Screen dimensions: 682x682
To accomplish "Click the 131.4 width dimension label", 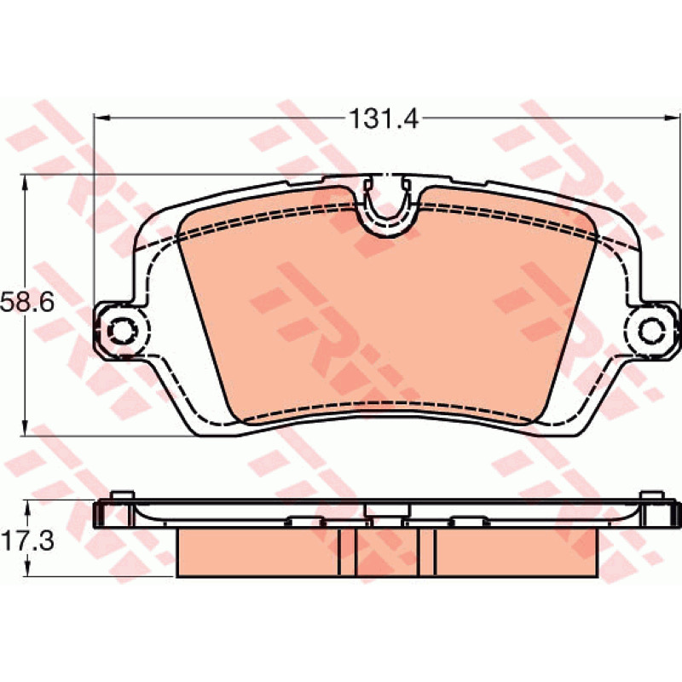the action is [x=384, y=118].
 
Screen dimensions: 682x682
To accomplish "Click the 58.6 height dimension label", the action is [x=27, y=302].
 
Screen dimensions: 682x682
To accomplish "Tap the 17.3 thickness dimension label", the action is [x=27, y=540].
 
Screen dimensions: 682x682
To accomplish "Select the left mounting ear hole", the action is [x=122, y=331].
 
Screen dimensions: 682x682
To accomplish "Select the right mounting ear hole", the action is [x=651, y=331].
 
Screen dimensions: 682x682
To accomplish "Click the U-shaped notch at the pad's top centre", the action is [x=387, y=205].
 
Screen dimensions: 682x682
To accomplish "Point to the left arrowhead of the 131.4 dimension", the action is [x=101, y=118].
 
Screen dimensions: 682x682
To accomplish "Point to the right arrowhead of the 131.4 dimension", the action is [x=671, y=118].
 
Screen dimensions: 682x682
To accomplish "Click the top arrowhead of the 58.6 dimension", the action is [x=25, y=182].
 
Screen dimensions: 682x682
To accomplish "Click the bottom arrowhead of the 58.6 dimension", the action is [x=25, y=428].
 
